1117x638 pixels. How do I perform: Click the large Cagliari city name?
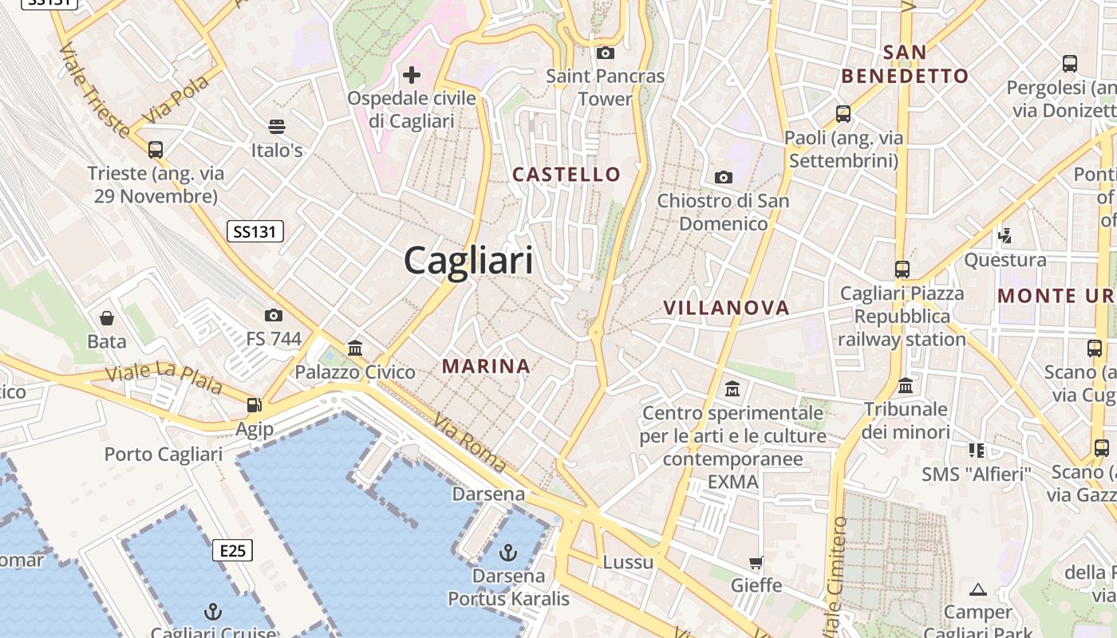[x=468, y=261]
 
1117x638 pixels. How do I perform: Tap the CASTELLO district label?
[x=566, y=175]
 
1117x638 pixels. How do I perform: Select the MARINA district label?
[x=486, y=366]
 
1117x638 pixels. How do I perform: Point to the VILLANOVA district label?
[x=726, y=308]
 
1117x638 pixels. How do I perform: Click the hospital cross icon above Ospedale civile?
[x=411, y=75]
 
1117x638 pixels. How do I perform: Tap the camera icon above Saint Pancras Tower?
[x=606, y=53]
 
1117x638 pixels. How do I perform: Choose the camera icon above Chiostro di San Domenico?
[x=724, y=177]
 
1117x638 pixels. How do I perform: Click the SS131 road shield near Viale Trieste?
[x=255, y=232]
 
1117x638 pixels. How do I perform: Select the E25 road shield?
[x=233, y=550]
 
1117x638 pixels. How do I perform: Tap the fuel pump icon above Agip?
[x=254, y=405]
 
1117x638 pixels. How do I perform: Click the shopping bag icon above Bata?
[x=107, y=318]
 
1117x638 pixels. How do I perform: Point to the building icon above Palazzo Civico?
[x=355, y=348]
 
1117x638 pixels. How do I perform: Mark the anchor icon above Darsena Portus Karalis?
[x=508, y=552]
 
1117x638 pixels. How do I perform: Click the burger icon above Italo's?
[x=277, y=126]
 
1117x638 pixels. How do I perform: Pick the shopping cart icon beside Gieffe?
[x=756, y=562]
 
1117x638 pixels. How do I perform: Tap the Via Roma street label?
[x=470, y=443]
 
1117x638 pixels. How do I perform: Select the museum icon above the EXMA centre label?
[x=732, y=389]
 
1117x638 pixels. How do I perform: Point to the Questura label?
[x=1005, y=260]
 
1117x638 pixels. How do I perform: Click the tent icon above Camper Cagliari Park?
[x=977, y=590]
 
